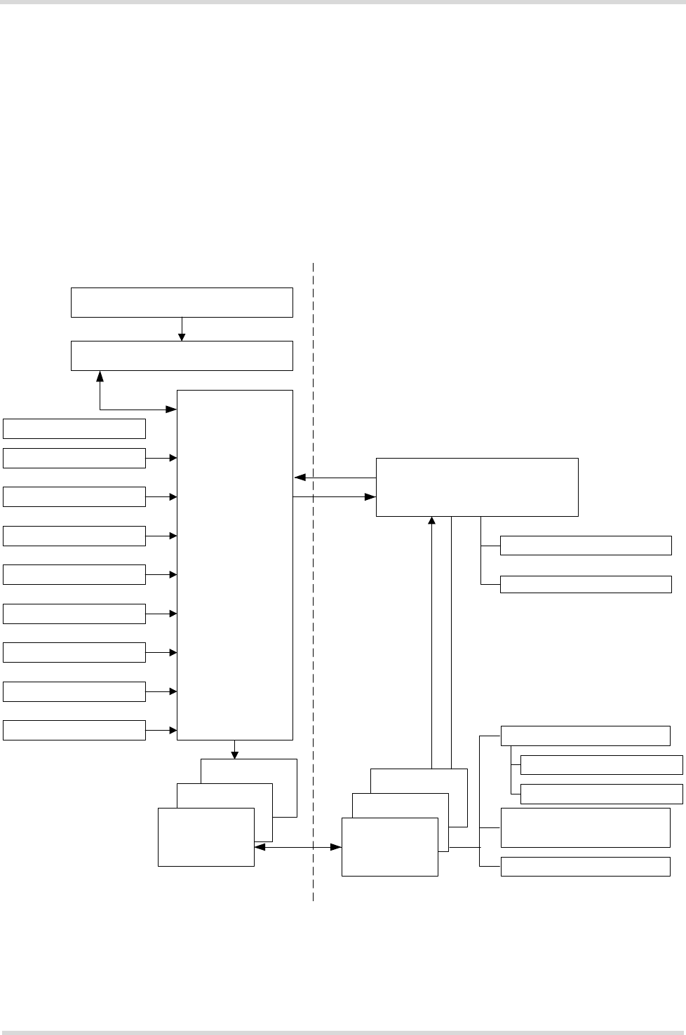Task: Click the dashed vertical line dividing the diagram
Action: pos(313,631)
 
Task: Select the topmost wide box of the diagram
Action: pos(182,302)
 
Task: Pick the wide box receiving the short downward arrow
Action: pos(182,356)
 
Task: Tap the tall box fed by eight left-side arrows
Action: pos(235,564)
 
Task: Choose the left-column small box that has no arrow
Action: pos(74,428)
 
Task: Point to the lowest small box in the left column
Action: pos(74,730)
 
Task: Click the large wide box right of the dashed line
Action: pos(477,487)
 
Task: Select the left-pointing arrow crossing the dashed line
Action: pos(335,478)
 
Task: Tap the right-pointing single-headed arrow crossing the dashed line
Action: pos(334,497)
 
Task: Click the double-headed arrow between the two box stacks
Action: pos(298,847)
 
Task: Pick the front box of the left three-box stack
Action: pos(206,837)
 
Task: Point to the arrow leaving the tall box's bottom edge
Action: pos(234,750)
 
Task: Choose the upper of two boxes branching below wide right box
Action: pos(586,545)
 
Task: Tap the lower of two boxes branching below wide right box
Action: pos(586,584)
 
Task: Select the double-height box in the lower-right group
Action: pos(586,827)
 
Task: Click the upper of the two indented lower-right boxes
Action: pos(602,764)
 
